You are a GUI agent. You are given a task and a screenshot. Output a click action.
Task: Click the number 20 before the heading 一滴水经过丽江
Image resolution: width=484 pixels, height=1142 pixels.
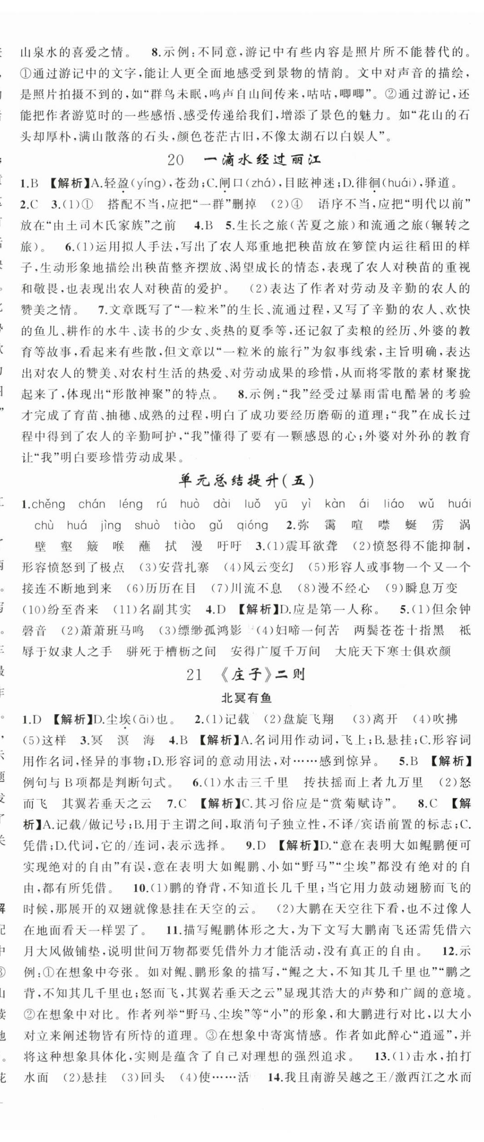coord(176,160)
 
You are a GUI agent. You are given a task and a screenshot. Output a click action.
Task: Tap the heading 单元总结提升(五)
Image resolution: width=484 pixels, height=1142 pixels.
coord(246,481)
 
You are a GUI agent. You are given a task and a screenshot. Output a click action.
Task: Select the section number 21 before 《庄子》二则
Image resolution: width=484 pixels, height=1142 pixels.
coord(194,675)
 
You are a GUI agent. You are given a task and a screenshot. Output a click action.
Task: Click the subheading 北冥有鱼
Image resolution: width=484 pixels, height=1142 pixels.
coord(246,698)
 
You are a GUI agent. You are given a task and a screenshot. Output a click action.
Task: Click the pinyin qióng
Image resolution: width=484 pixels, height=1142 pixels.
coord(252,525)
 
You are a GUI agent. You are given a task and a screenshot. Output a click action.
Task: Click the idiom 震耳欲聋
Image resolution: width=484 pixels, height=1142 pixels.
coord(311,546)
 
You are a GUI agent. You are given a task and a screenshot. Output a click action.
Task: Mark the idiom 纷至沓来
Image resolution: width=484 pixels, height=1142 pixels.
coord(73,610)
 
